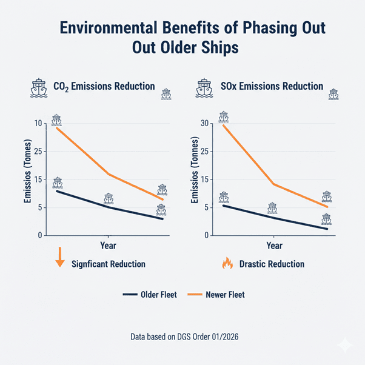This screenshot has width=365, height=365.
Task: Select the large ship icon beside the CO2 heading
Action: point(38,89)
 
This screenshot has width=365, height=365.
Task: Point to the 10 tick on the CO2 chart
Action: point(39,124)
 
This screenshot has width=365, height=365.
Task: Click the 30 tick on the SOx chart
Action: point(204,124)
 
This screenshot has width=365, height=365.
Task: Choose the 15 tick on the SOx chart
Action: point(204,179)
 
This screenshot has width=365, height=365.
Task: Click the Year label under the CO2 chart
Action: point(107,246)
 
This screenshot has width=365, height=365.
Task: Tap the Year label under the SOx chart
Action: point(274,246)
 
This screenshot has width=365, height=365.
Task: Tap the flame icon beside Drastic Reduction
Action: point(227,263)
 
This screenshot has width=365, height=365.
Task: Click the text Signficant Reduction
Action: point(108,264)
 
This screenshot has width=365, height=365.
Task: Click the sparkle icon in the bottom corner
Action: point(345,345)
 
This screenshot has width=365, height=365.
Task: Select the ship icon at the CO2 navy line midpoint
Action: point(109,199)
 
